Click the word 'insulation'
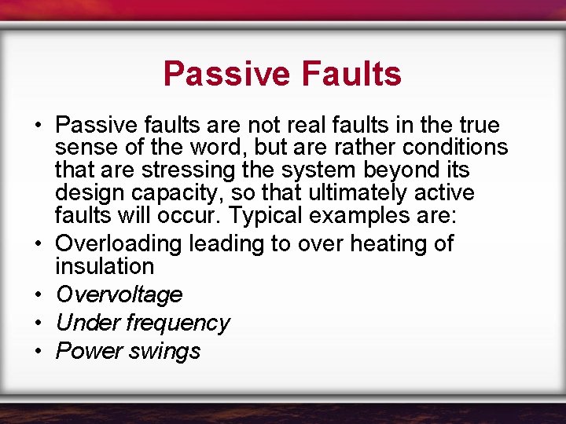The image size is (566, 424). [105, 265]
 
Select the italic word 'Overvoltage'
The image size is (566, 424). [119, 294]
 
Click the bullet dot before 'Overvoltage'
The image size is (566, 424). [38, 295]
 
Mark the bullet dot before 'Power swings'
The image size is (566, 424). [38, 352]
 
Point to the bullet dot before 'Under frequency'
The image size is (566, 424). [38, 323]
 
